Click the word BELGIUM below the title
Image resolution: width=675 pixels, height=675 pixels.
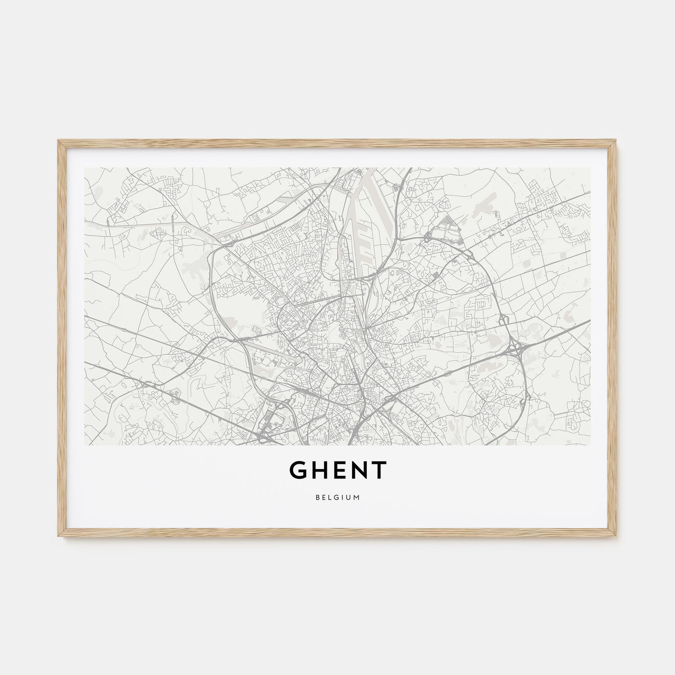pos(337,498)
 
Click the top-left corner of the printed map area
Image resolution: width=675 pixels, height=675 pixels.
pos(85,168)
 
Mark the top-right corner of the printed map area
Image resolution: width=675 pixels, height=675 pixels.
pos(590,168)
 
